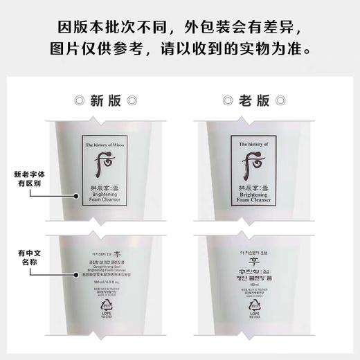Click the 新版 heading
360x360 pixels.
point(106,100)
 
